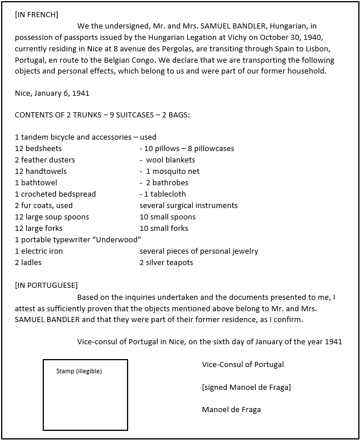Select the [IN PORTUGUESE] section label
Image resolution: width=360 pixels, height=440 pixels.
click(46, 285)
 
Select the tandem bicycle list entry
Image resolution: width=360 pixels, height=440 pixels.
click(85, 137)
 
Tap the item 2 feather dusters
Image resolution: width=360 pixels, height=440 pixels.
click(45, 160)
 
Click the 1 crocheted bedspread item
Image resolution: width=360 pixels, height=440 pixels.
click(55, 194)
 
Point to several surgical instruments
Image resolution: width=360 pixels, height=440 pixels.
click(189, 205)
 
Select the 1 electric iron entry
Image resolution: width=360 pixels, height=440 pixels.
click(39, 251)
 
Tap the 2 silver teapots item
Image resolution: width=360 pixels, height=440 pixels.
click(166, 262)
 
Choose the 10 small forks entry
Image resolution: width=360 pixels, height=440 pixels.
click(163, 228)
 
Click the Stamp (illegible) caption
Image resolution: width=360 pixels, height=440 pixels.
click(79, 371)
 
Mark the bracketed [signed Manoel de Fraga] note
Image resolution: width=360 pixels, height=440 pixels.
click(246, 387)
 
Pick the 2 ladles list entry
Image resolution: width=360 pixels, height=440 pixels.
click(28, 262)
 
